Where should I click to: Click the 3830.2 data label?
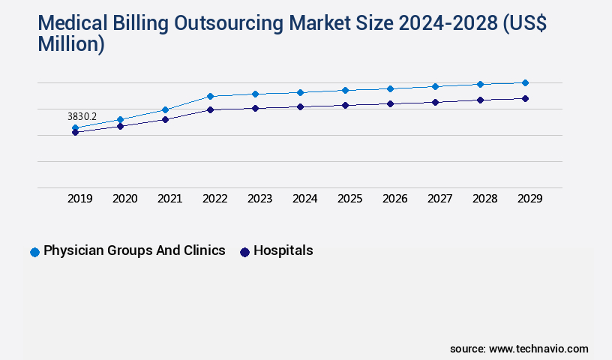coord(82,117)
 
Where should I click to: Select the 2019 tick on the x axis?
coord(80,199)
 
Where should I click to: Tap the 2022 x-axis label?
coord(215,199)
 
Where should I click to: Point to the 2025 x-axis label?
coord(350,199)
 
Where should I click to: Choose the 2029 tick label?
coord(530,199)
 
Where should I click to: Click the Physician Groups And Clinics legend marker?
coord(34,252)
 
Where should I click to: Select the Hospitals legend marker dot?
coord(244,252)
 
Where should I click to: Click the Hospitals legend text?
coord(283,251)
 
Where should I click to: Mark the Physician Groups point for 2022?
coord(210,96)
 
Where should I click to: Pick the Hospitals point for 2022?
coord(210,109)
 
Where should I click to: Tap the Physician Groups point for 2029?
coord(525,82)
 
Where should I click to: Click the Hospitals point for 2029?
coord(525,98)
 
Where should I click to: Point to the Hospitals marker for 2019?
coord(75,132)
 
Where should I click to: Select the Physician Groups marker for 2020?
coord(120,119)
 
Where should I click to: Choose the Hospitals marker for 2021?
coord(165,119)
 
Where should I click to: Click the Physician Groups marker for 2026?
coord(390,88)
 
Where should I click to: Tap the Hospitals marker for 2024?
coord(300,106)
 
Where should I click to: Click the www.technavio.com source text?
coord(538,349)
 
